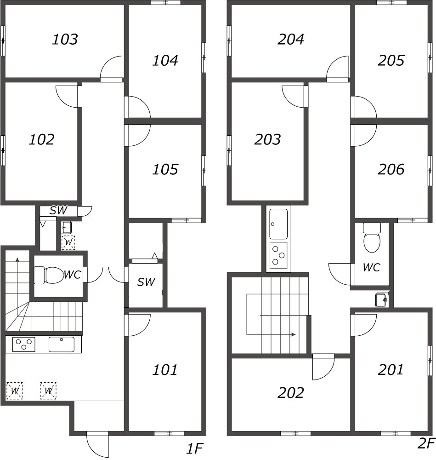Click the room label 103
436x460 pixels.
[x=65, y=39]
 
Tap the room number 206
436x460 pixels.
[x=391, y=169]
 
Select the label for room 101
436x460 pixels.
[x=164, y=370]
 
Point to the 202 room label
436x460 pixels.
[x=290, y=393]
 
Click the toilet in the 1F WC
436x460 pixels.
[x=47, y=275]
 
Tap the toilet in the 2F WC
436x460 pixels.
[x=372, y=238]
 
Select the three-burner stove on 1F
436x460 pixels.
[x=24, y=345]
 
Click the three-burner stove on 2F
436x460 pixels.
[x=278, y=255]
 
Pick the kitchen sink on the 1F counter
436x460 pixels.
[x=62, y=345]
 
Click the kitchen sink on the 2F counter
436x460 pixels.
[x=278, y=224]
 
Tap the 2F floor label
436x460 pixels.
[x=425, y=443]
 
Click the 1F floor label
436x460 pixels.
[x=194, y=448]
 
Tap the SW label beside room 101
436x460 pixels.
[x=146, y=282]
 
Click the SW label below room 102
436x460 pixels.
[x=58, y=210]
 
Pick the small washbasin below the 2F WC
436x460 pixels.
[x=382, y=300]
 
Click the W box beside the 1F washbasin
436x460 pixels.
[x=68, y=242]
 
